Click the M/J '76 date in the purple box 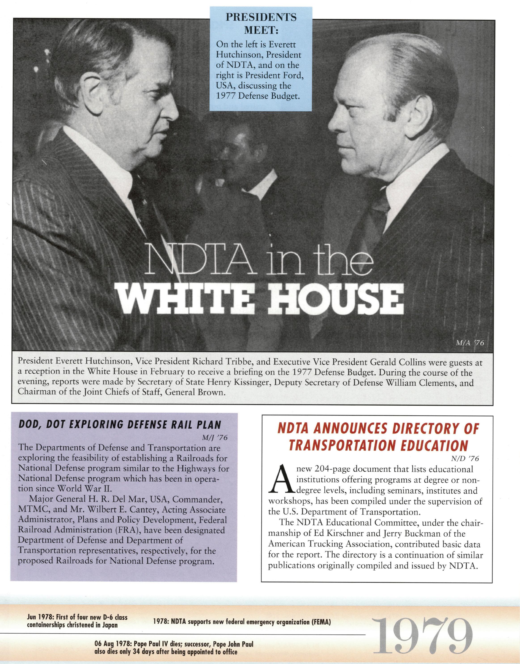215,438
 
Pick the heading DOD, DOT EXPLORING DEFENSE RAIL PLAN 120,425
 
